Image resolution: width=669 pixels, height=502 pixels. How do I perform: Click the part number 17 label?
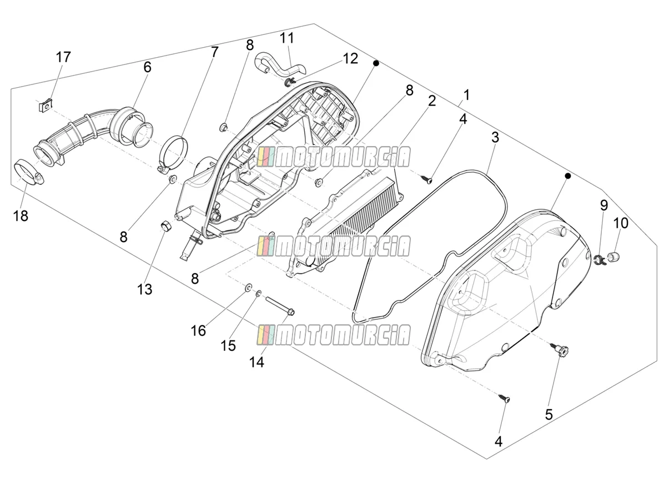point(63,57)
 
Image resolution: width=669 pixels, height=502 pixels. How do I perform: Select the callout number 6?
point(147,67)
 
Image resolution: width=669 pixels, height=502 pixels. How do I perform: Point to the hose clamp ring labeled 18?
point(29,173)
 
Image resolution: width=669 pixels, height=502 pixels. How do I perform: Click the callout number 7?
point(214,52)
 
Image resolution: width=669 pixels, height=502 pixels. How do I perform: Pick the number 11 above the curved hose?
point(287,38)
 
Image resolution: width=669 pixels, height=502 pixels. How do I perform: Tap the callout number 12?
point(350,58)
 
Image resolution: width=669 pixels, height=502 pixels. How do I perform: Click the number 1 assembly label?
point(466,95)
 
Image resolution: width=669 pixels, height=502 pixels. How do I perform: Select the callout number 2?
point(431,101)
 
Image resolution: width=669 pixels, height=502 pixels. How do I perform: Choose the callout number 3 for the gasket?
point(495,138)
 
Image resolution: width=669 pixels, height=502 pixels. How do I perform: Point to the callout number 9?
point(604,205)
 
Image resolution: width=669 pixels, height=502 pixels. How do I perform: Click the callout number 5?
point(549,414)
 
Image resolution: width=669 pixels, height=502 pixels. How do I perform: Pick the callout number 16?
point(198,330)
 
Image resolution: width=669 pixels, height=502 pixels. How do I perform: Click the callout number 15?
point(228,345)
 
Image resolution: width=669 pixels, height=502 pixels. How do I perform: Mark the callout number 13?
point(144,289)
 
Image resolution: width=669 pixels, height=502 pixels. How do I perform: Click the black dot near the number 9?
point(568,176)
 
